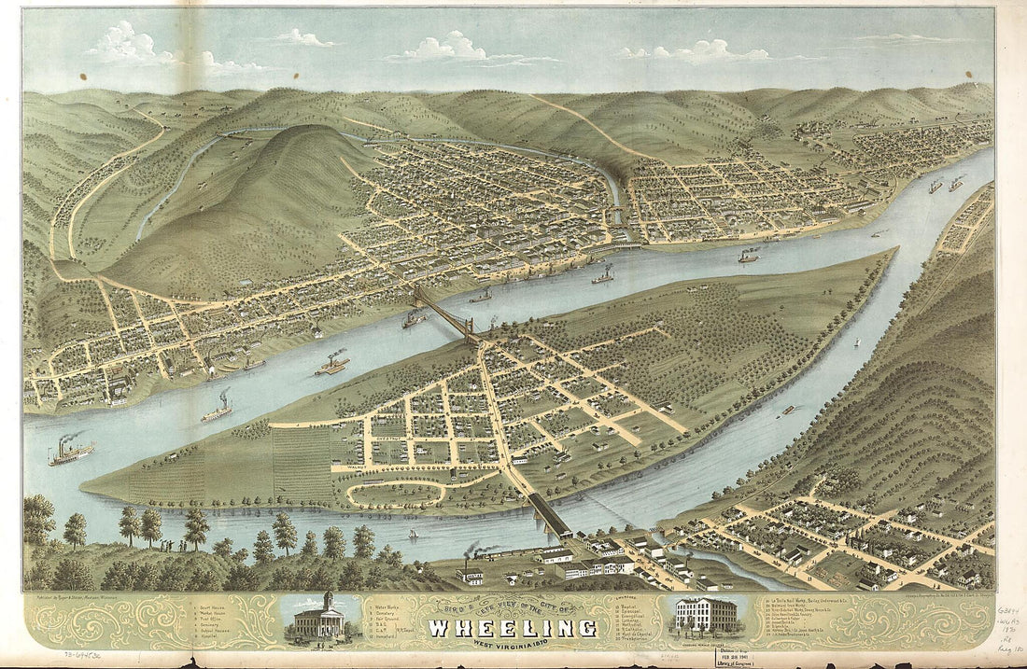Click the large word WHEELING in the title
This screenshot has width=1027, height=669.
tap(512, 626)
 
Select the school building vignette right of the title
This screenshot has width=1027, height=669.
tap(704, 617)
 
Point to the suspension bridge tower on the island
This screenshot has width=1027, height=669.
tap(471, 328)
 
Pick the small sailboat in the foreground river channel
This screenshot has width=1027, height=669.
tap(413, 534)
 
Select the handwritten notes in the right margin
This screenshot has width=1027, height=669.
tap(1010, 625)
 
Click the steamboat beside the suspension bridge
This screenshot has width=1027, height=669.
tap(413, 320)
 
